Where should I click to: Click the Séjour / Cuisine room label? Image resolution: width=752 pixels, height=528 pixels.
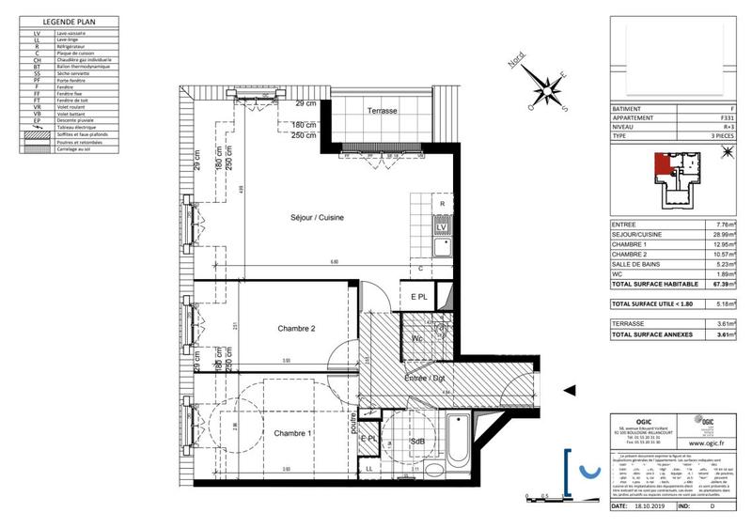(316, 217)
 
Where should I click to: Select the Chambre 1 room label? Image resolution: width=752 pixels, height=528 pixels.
(293, 433)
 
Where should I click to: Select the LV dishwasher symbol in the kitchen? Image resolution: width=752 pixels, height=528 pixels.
(439, 226)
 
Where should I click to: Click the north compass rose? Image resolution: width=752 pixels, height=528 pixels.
(543, 88)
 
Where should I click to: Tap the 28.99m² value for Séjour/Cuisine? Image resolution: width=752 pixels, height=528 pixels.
(722, 235)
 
